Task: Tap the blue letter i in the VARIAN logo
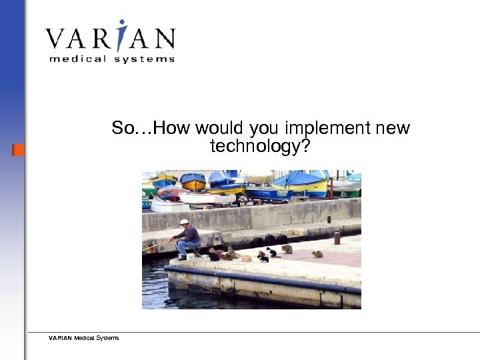click(x=119, y=36)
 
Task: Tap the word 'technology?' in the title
click(x=260, y=146)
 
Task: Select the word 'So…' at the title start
click(x=130, y=128)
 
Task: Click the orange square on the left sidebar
click(x=18, y=149)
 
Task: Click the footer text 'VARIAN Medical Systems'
click(x=83, y=338)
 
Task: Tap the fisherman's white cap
click(x=184, y=221)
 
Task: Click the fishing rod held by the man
click(x=156, y=246)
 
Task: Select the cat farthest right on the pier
click(x=318, y=254)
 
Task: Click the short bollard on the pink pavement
click(x=337, y=238)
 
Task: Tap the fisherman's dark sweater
click(x=191, y=234)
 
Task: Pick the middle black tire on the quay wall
click(x=270, y=239)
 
